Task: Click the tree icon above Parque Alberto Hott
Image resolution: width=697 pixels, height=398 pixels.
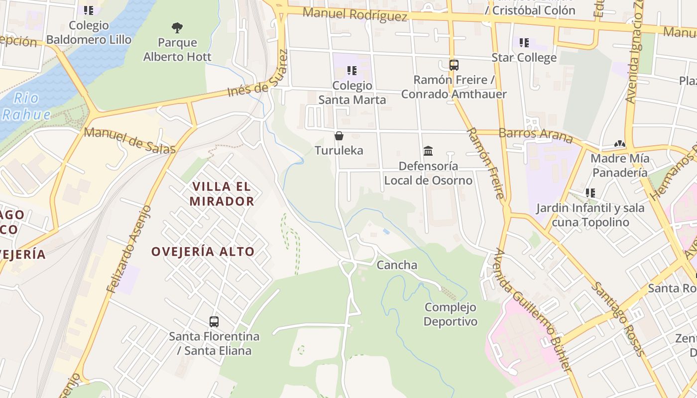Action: [177, 27]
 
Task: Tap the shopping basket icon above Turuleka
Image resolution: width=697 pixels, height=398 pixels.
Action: [339, 136]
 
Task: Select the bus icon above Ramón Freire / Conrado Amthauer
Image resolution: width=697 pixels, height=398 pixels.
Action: [454, 65]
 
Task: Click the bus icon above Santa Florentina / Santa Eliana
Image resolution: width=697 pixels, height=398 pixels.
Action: [214, 322]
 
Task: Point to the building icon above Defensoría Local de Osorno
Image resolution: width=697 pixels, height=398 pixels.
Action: [428, 151]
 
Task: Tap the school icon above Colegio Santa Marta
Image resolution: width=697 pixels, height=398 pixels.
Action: [352, 71]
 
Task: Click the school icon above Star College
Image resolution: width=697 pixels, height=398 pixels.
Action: [524, 43]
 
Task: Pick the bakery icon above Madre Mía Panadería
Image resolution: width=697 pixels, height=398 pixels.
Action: [620, 144]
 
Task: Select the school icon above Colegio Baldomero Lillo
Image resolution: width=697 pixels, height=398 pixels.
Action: [89, 10]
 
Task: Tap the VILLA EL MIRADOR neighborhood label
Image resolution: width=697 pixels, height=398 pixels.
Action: [223, 194]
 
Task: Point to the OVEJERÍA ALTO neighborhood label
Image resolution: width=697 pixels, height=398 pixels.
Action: [203, 252]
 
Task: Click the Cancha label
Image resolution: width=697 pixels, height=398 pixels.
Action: [397, 265]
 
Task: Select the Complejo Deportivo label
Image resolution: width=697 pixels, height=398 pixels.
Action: [451, 314]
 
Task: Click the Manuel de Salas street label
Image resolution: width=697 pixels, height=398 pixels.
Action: [129, 141]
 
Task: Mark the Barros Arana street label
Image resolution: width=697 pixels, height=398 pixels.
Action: [536, 134]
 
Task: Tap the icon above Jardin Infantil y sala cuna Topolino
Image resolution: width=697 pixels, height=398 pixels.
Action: [590, 193]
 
